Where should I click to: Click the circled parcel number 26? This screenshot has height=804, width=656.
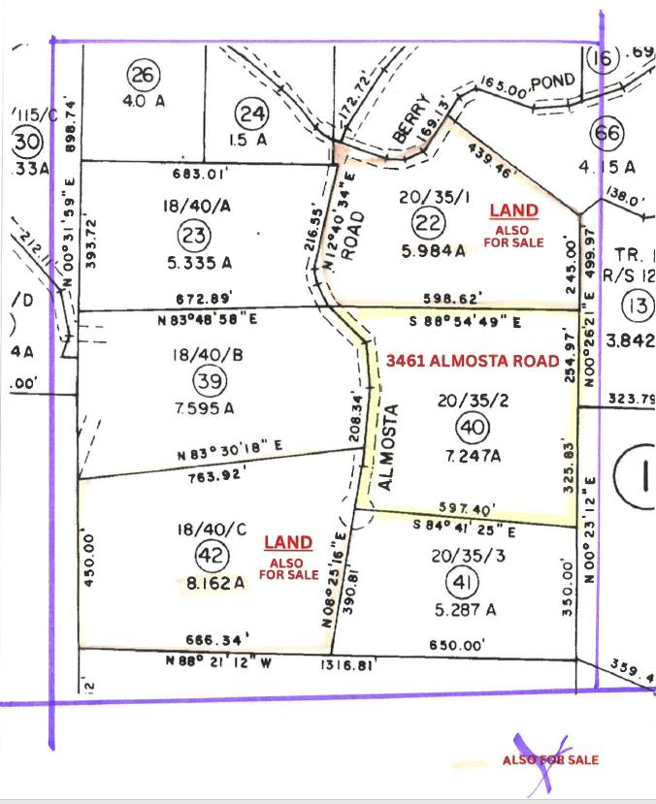point(143,75)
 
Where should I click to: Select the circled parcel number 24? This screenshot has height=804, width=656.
point(252,114)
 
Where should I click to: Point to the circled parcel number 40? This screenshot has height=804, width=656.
point(472,427)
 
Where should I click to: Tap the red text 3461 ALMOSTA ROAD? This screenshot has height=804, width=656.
point(473,361)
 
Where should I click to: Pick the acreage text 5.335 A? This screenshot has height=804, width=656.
point(203,262)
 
